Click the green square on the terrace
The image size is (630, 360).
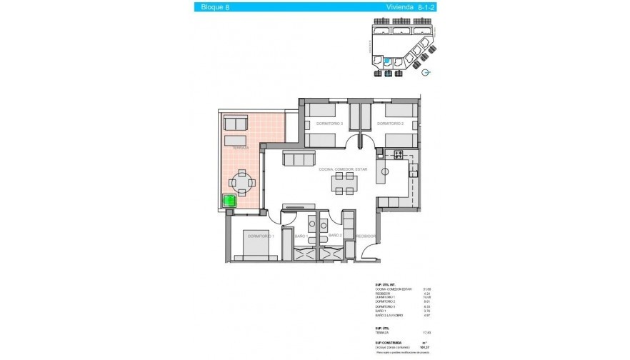click(229, 201)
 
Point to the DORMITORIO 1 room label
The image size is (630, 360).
click(261, 235)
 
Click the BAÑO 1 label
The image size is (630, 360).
click(301, 235)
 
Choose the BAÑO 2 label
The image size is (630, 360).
click(336, 235)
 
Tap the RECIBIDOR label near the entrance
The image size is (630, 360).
click(367, 235)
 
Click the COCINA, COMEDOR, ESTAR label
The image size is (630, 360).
click(344, 169)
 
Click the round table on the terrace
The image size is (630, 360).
click(242, 183)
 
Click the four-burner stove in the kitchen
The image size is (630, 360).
click(398, 154)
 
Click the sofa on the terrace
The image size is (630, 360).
click(234, 126)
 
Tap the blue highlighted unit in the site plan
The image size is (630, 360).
click(388, 62)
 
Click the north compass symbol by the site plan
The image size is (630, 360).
click(427, 73)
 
